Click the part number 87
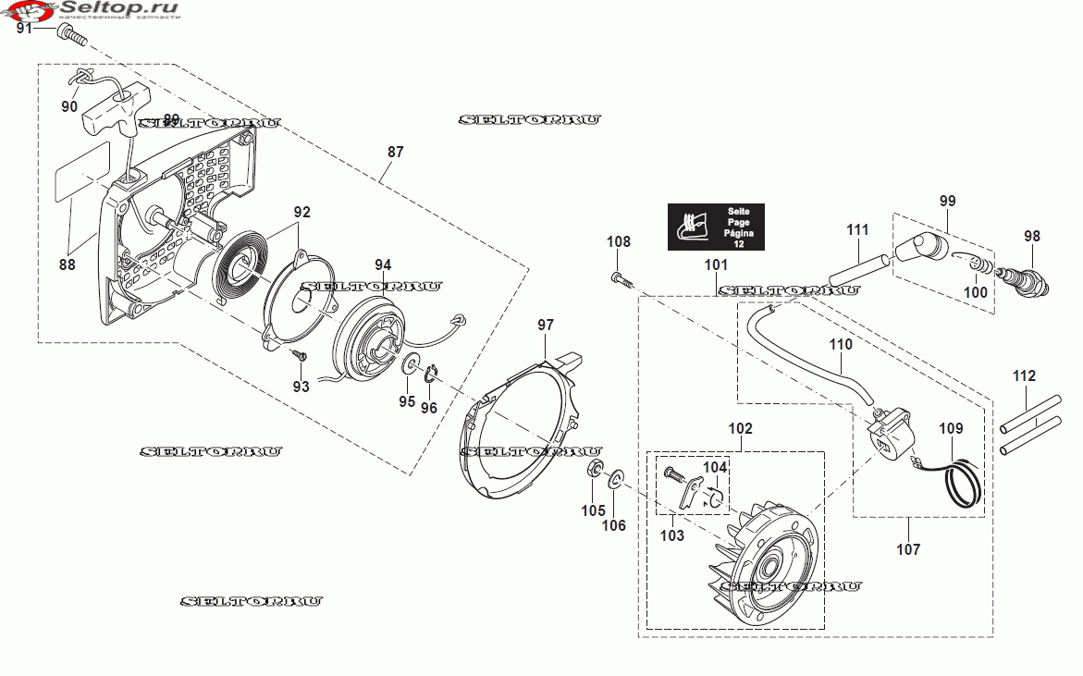(x=395, y=152)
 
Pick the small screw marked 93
(x=298, y=354)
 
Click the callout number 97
(x=546, y=325)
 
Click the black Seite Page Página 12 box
(x=716, y=227)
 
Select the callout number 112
(x=1024, y=376)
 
